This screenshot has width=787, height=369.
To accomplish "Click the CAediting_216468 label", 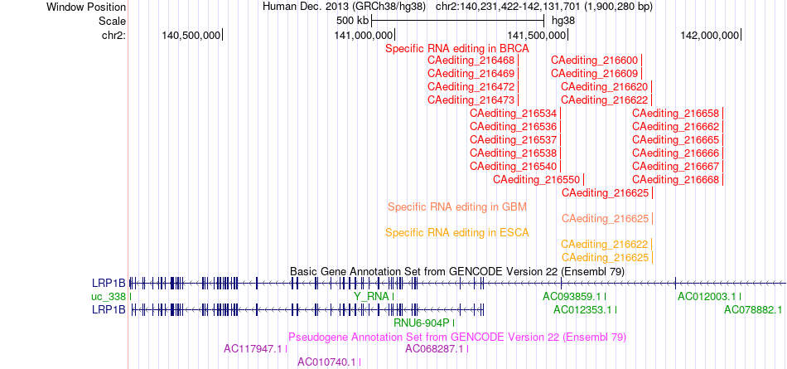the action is pyautogui.click(x=471, y=61).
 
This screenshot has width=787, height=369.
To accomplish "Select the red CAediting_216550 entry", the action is pyautogui.click(x=537, y=179).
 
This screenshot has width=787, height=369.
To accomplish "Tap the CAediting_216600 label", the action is pyautogui.click(x=594, y=61).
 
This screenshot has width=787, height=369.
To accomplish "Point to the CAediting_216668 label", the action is pyautogui.click(x=675, y=179).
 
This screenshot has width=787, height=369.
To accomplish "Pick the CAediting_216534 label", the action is pyautogui.click(x=514, y=113).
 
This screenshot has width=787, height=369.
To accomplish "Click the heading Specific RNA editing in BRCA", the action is pyautogui.click(x=457, y=49).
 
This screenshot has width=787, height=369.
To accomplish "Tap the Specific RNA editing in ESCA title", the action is pyautogui.click(x=457, y=233).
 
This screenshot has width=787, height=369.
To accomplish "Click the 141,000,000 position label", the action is pyautogui.click(x=364, y=35).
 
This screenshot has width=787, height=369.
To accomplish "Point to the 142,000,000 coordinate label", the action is pyautogui.click(x=710, y=35).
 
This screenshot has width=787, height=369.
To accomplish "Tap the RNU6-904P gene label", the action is pyautogui.click(x=422, y=323).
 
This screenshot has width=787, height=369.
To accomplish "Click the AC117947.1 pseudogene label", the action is pyautogui.click(x=253, y=348).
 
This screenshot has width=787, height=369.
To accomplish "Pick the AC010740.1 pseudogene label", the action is pyautogui.click(x=327, y=362).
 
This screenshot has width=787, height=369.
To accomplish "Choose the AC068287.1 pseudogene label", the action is pyautogui.click(x=435, y=348).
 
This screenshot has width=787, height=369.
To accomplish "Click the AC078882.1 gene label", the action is pyautogui.click(x=753, y=309).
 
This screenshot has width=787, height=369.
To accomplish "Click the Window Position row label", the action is pyautogui.click(x=86, y=7).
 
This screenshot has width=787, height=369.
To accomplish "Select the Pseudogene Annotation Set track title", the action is pyautogui.click(x=457, y=337).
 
